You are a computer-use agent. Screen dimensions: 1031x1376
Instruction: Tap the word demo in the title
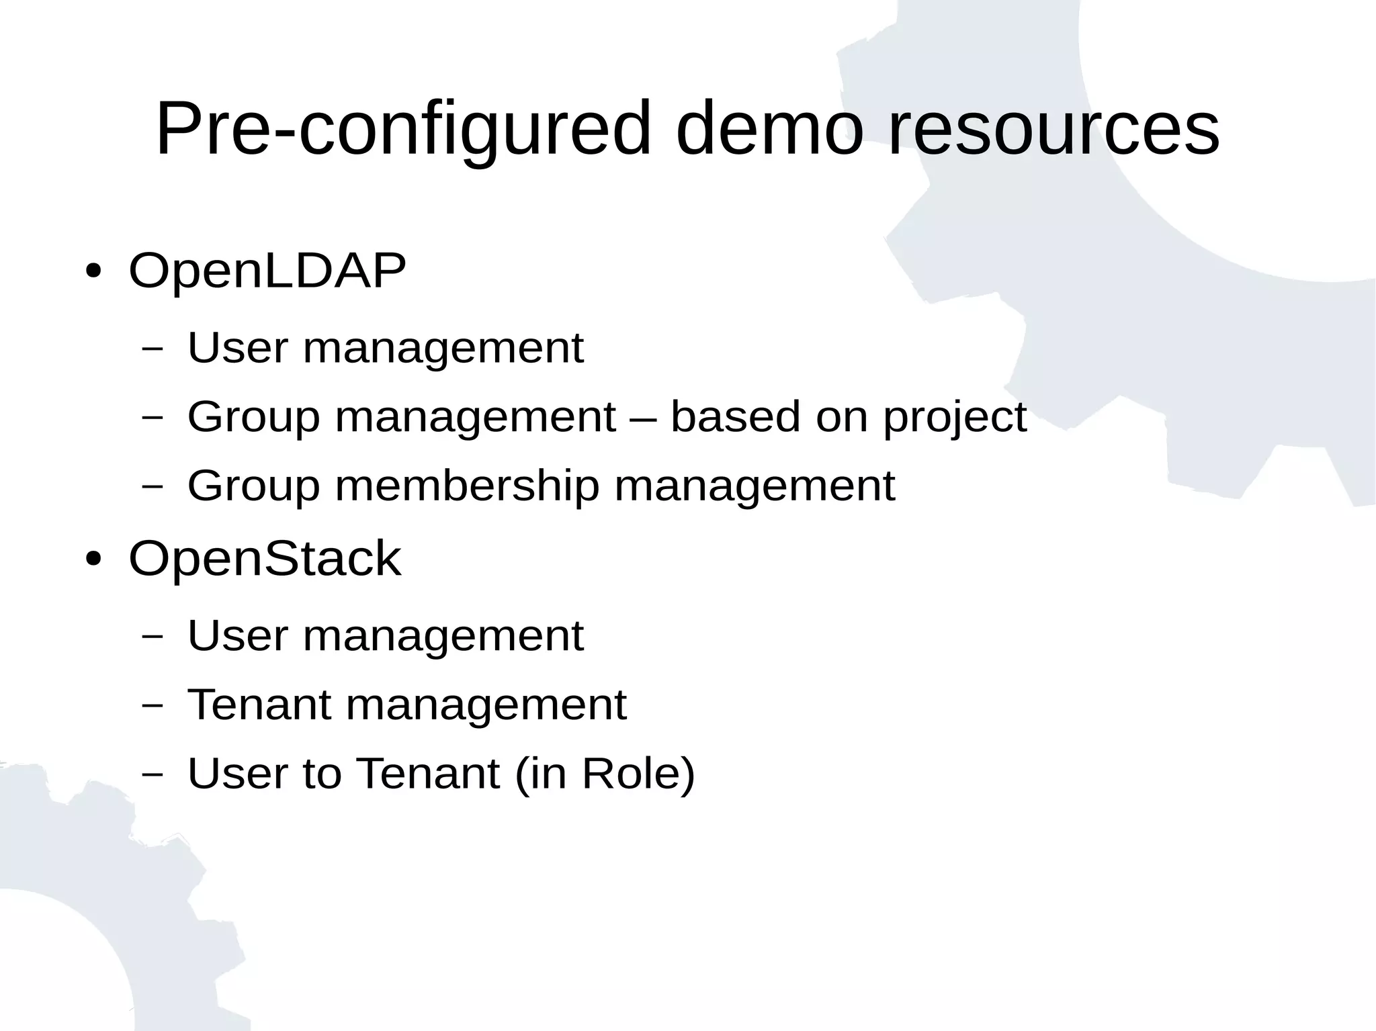click(x=769, y=129)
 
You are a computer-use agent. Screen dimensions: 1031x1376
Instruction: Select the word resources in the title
click(x=1053, y=129)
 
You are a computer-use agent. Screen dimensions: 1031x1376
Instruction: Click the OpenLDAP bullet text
click(x=267, y=271)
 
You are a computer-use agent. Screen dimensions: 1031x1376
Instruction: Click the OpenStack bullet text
click(x=265, y=558)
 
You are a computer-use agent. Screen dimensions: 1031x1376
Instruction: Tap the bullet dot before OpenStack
click(x=93, y=559)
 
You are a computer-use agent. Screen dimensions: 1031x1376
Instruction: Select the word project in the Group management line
click(x=955, y=417)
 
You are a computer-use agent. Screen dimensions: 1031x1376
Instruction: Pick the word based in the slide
click(x=736, y=417)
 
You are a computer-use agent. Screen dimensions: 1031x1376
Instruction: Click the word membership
click(x=467, y=486)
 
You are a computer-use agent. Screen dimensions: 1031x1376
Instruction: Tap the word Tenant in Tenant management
click(x=260, y=705)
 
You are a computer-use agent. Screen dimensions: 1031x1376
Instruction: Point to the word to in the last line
click(x=322, y=773)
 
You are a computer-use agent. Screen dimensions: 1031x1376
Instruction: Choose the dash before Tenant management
click(x=153, y=706)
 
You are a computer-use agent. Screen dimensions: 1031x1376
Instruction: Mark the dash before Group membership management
click(x=153, y=486)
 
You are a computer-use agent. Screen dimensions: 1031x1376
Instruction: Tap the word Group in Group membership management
click(x=253, y=486)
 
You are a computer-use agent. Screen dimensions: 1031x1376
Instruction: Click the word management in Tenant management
click(x=486, y=705)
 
